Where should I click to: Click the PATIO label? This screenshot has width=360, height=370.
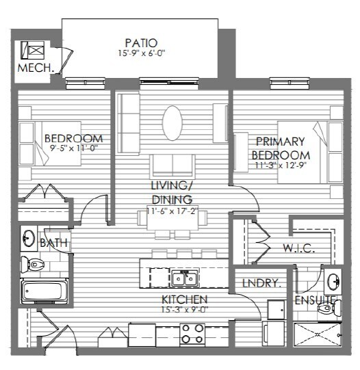141,43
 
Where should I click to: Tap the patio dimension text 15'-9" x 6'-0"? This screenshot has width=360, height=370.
141,53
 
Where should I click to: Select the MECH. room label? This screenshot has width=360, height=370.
36,68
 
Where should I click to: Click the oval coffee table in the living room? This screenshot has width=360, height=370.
172,123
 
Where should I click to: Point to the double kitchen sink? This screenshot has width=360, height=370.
185,278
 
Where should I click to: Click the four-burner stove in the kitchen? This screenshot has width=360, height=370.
192,334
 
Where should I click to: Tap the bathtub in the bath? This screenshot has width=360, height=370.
44,291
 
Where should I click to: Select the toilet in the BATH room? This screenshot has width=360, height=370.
32,264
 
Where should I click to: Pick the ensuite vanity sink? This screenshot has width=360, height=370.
333,282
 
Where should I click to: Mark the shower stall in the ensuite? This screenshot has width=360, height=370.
318,334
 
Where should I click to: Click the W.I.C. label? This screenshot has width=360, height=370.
298,248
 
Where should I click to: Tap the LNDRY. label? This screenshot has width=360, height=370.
262,283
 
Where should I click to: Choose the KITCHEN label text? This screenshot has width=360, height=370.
185,300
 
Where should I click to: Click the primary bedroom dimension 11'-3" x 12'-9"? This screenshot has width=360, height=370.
281,166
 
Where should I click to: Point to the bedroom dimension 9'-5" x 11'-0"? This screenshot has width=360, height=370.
74,148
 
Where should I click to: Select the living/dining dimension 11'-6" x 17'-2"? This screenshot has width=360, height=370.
172,211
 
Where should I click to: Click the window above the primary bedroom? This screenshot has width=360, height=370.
290,83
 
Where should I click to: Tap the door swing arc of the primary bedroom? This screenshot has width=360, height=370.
250,194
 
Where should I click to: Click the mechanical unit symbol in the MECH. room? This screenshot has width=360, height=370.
33,50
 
